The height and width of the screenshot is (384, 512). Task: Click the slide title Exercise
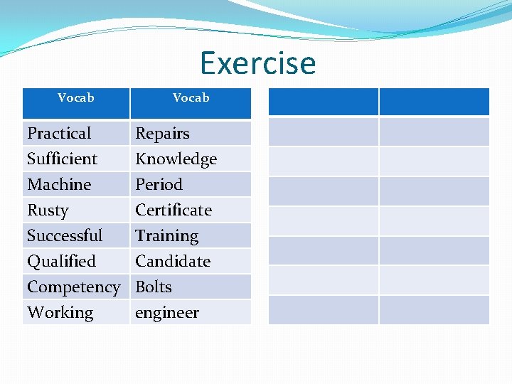point(257,63)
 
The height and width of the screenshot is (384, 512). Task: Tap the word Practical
point(59,134)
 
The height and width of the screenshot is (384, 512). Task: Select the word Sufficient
point(62,159)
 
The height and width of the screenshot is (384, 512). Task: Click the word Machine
point(59,184)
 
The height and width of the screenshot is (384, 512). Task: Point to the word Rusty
point(48,210)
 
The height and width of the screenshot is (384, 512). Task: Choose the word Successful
point(65,235)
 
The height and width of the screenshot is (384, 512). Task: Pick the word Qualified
point(61,262)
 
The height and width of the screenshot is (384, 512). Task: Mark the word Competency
point(73,287)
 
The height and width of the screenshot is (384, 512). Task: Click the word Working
point(60,313)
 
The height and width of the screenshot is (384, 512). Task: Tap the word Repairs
point(162,134)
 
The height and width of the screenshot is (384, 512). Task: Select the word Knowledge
point(176,159)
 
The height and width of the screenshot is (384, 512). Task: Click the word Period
point(159,184)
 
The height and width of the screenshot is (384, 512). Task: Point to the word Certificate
point(174,210)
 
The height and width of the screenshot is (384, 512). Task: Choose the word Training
point(166,236)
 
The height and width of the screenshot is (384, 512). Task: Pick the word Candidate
point(173,261)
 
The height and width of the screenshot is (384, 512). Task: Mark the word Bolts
point(154,287)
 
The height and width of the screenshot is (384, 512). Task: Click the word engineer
point(167,313)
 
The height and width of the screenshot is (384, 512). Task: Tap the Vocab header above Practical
point(75,98)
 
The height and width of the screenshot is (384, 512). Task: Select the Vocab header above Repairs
point(191,98)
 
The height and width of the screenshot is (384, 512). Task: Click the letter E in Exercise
point(209,63)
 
